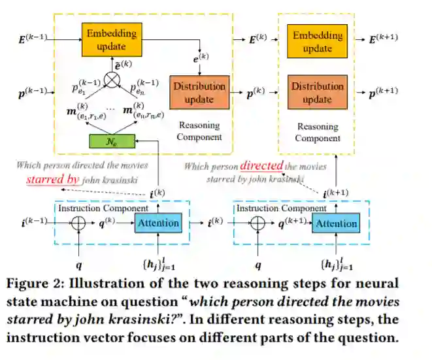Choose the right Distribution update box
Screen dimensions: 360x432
318,92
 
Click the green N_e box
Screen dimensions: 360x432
112,140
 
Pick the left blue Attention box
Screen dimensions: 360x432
158,223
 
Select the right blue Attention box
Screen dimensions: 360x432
337,223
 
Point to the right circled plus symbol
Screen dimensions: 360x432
258,223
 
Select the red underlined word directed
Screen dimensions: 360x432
261,166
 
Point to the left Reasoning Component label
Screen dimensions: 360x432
199,131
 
